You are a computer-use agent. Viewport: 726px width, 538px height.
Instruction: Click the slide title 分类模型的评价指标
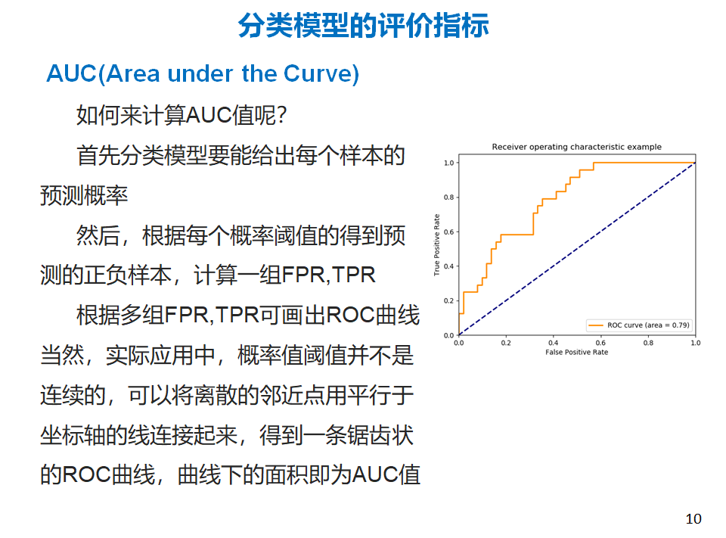363,25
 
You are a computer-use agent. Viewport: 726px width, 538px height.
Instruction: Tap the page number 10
693,518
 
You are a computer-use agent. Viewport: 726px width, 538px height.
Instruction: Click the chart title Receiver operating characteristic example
576,147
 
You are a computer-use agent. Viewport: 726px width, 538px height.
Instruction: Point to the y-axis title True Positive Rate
436,244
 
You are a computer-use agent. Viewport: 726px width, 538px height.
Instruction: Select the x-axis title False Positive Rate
576,352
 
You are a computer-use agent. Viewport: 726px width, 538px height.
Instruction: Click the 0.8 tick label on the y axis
448,197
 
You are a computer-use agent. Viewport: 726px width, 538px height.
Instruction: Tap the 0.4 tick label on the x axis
553,343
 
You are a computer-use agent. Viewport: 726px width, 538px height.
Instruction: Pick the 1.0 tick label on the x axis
696,343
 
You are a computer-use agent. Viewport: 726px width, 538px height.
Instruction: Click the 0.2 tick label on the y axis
448,300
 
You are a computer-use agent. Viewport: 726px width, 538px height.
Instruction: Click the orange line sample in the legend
595,325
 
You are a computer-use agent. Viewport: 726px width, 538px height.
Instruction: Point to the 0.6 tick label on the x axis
600,343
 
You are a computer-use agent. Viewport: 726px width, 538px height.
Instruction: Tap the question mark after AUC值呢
282,115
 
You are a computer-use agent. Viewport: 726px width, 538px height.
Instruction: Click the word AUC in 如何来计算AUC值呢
209,115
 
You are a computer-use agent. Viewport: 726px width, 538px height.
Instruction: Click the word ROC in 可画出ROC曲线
350,315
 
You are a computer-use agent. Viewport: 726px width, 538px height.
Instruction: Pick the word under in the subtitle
200,73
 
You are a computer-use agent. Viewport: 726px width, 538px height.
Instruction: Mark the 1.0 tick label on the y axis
448,163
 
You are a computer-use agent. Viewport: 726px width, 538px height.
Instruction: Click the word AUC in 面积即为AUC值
375,475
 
